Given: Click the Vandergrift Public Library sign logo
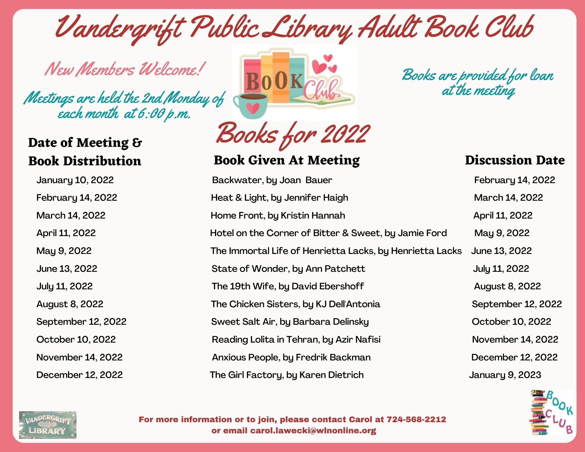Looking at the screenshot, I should coord(48,425).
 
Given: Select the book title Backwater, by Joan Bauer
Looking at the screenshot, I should coord(272,180).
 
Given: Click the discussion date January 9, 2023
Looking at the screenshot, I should coord(505,375).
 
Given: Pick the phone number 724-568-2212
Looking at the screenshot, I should coord(416,420).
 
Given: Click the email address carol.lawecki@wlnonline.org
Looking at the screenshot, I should coord(313,431).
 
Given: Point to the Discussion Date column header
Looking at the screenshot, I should coord(515,160).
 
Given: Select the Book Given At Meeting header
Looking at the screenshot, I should coord(287,160).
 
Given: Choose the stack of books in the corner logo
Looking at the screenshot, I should coord(538,413).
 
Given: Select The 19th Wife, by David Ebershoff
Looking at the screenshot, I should coord(288,286).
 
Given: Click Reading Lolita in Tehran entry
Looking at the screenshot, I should coord(296,339).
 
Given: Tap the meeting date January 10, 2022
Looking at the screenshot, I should coord(75,180).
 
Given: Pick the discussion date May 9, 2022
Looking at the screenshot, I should coord(502,233).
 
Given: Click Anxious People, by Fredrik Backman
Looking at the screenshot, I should coord(291,357).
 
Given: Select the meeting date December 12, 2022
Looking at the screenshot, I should coord(80,375).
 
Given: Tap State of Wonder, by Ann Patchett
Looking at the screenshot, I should coord(288,269).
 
